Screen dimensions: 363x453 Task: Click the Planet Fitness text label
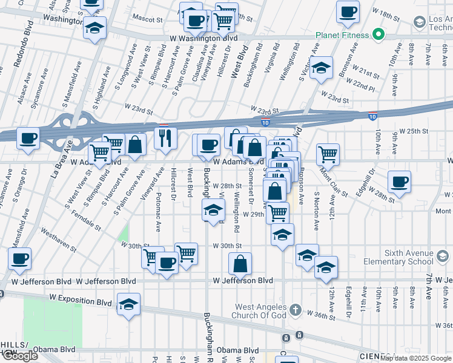[342, 35]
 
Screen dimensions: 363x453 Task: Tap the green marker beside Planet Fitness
[379, 34]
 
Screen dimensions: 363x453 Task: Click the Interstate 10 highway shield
[372, 115]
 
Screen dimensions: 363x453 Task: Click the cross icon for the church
[295, 311]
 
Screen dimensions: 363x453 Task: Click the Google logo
[20, 356]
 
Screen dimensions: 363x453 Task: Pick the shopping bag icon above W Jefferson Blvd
[240, 264]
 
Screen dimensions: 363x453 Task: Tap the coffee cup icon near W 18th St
[348, 12]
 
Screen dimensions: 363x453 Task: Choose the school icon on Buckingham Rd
[212, 211]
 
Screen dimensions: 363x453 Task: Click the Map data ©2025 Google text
[415, 358]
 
